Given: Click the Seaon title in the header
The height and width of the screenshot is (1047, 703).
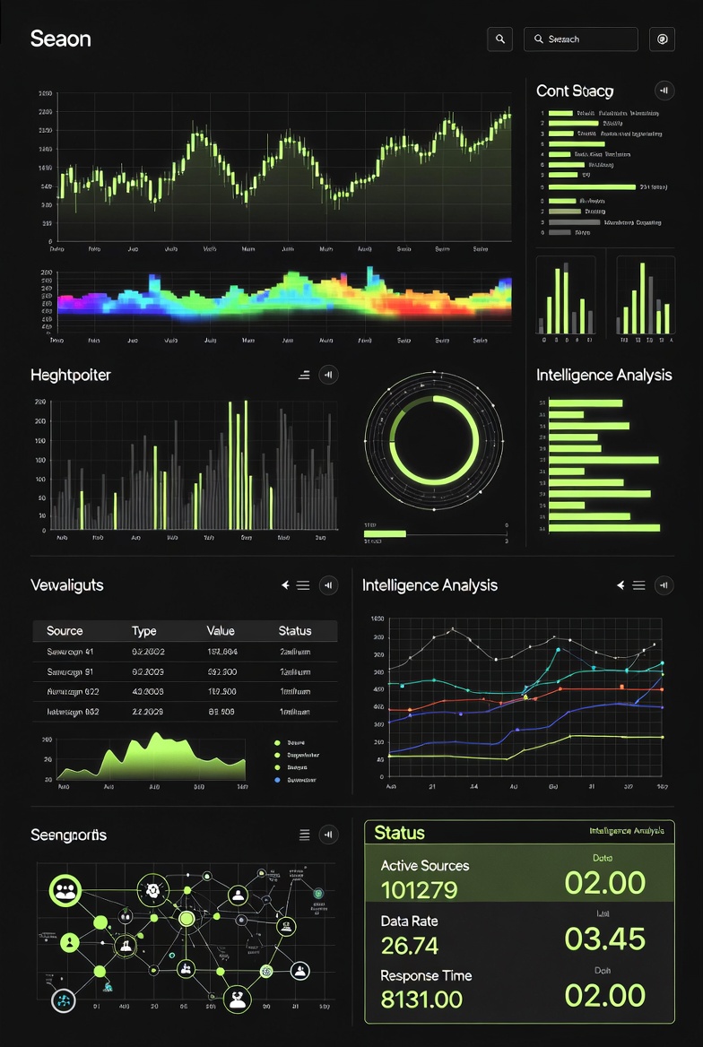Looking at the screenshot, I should point(60,39).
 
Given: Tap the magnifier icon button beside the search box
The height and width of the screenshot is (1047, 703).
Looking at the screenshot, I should point(500,39).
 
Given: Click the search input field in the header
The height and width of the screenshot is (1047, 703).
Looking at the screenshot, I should point(581,39).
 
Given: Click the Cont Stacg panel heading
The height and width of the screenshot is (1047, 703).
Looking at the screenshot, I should point(575,91).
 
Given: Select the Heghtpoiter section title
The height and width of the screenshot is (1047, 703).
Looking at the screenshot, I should point(71,375).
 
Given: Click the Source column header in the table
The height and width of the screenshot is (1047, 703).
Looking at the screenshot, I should point(65,631).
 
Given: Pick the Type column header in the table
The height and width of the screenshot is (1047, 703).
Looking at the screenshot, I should point(144,631).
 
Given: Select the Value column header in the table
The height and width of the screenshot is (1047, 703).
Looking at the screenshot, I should point(221,631).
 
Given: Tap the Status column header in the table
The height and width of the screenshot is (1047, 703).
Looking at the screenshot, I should point(295,631).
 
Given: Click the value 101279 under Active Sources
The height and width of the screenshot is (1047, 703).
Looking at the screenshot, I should point(419,890).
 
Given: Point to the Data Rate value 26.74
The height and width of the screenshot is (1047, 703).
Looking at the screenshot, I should point(410,945).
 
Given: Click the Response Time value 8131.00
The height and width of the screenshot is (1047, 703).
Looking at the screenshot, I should point(421,999).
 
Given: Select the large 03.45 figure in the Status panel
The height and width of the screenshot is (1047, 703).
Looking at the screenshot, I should point(604,939).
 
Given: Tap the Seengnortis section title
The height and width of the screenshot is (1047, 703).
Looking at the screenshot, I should point(68,835).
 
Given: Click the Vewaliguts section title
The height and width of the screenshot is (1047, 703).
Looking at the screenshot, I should point(67,585).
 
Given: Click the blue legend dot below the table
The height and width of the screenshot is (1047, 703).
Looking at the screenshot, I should point(277,780).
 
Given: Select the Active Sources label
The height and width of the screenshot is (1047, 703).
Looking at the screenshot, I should point(425,865).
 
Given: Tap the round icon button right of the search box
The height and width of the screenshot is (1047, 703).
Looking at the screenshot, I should point(663,39).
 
